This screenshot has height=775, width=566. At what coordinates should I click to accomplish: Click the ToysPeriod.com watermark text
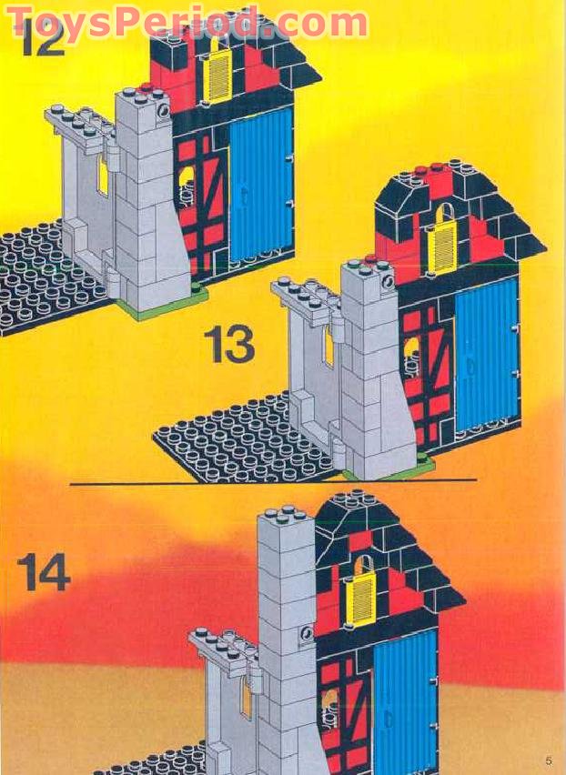tap(187, 22)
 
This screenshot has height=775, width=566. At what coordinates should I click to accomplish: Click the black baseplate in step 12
tap(41, 277)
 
